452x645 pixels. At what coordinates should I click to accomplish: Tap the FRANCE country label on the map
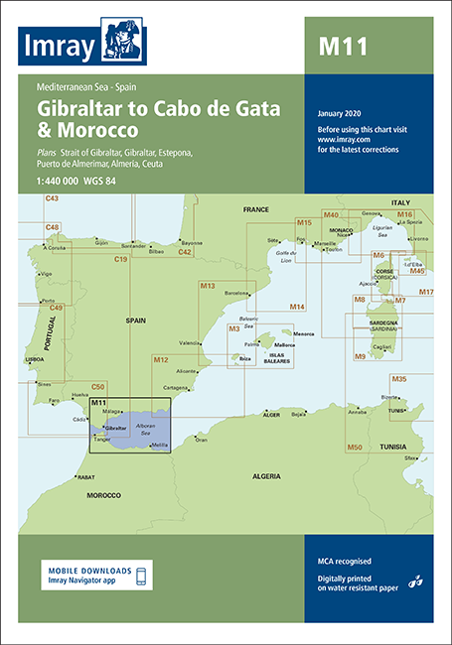tap(255, 210)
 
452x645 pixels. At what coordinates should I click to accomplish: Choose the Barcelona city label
tap(236, 294)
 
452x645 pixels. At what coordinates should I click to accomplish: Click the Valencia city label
tap(188, 342)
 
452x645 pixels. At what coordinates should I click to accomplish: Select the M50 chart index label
tap(355, 448)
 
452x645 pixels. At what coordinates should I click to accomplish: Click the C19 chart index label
tap(121, 259)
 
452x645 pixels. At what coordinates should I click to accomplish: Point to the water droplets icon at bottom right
tap(417, 580)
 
